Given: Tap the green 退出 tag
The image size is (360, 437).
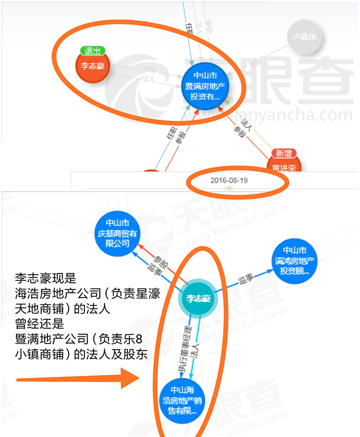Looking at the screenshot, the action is pos(93,51).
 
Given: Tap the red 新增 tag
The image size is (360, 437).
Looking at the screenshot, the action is pos(284,153).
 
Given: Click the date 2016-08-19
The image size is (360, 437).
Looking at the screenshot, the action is pos(228,180).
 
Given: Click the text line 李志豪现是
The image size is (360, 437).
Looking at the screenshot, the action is pos(46,279).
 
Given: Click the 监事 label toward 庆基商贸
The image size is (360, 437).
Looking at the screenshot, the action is pos(153,267).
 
